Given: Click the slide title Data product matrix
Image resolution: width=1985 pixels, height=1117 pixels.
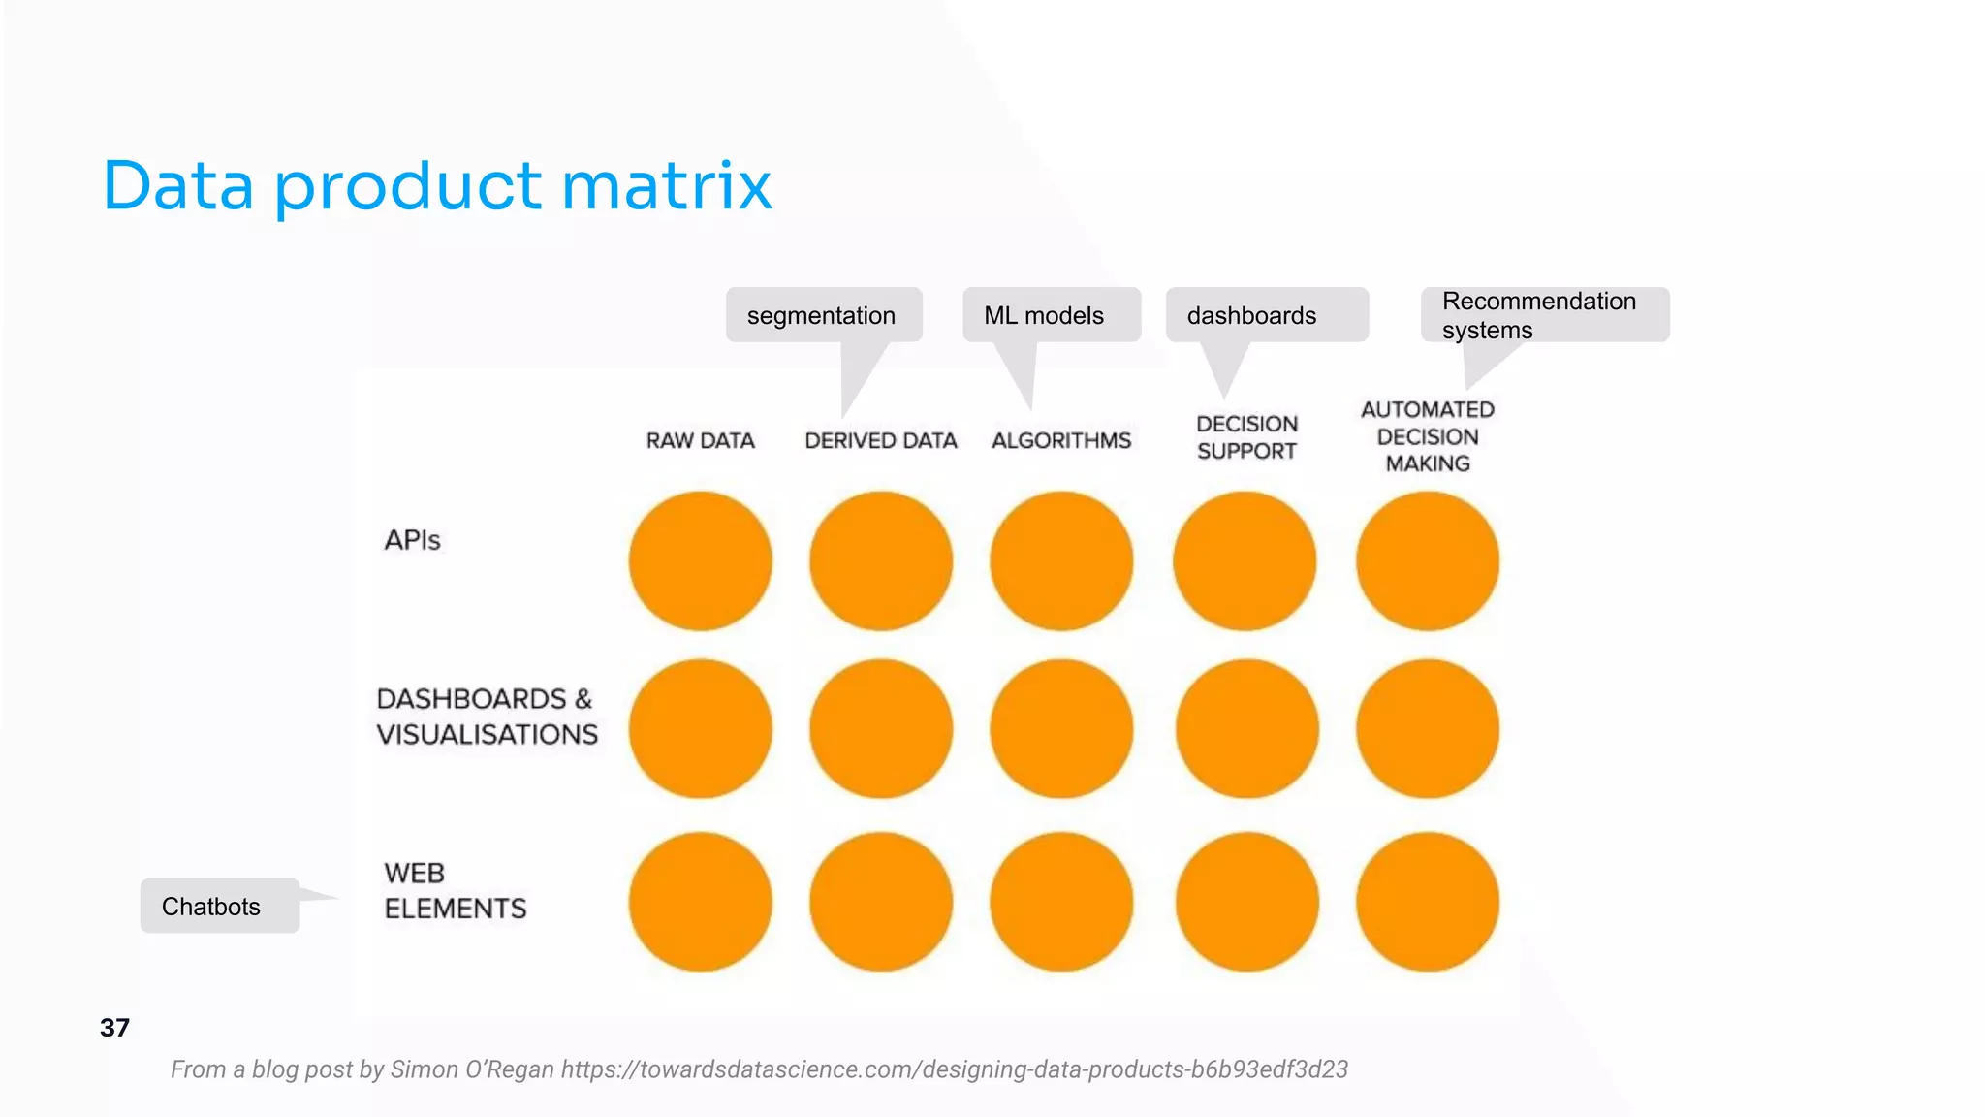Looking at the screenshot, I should [436, 185].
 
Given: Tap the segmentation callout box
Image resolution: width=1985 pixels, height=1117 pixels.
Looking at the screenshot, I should [823, 315].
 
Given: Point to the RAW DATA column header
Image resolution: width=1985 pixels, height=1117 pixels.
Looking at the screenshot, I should [700, 441].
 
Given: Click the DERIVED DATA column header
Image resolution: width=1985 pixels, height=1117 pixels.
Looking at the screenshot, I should [880, 441].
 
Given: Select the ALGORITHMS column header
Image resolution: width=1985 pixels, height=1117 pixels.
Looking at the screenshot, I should [1061, 441].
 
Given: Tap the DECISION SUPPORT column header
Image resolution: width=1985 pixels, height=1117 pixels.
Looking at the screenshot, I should [1246, 437].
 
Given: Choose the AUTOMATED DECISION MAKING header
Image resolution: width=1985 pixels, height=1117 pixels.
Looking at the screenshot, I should [1428, 436].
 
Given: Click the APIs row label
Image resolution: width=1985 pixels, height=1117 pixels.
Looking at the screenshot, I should [412, 540].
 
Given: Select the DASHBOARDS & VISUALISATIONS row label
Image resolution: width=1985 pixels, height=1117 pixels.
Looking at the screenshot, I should [487, 717].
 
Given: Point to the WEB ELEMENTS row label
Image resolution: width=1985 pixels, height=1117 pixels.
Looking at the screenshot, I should [455, 891].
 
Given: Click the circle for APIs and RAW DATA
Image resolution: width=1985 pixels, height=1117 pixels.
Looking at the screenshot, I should [700, 560].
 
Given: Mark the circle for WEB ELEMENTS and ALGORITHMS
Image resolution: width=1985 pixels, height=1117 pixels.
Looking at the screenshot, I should [1061, 902].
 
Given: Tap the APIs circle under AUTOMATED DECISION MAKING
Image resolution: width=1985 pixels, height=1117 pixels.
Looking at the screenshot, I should [1428, 560].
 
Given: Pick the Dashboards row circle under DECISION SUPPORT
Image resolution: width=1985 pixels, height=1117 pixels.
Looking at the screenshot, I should [1246, 729].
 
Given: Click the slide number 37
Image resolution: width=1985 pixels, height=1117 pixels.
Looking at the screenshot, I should [114, 1028].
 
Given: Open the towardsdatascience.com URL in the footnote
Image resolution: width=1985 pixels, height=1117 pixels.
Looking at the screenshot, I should [954, 1069].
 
